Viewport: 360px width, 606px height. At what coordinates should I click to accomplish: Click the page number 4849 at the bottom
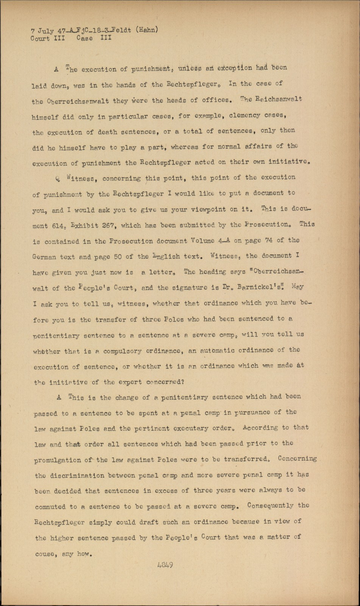[165, 565]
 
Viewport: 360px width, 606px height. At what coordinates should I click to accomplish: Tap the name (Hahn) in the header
[145, 30]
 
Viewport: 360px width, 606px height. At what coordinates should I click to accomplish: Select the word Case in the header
[84, 38]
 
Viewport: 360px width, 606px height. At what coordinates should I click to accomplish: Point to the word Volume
[204, 241]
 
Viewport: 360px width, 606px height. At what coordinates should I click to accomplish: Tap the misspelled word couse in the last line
[45, 554]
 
